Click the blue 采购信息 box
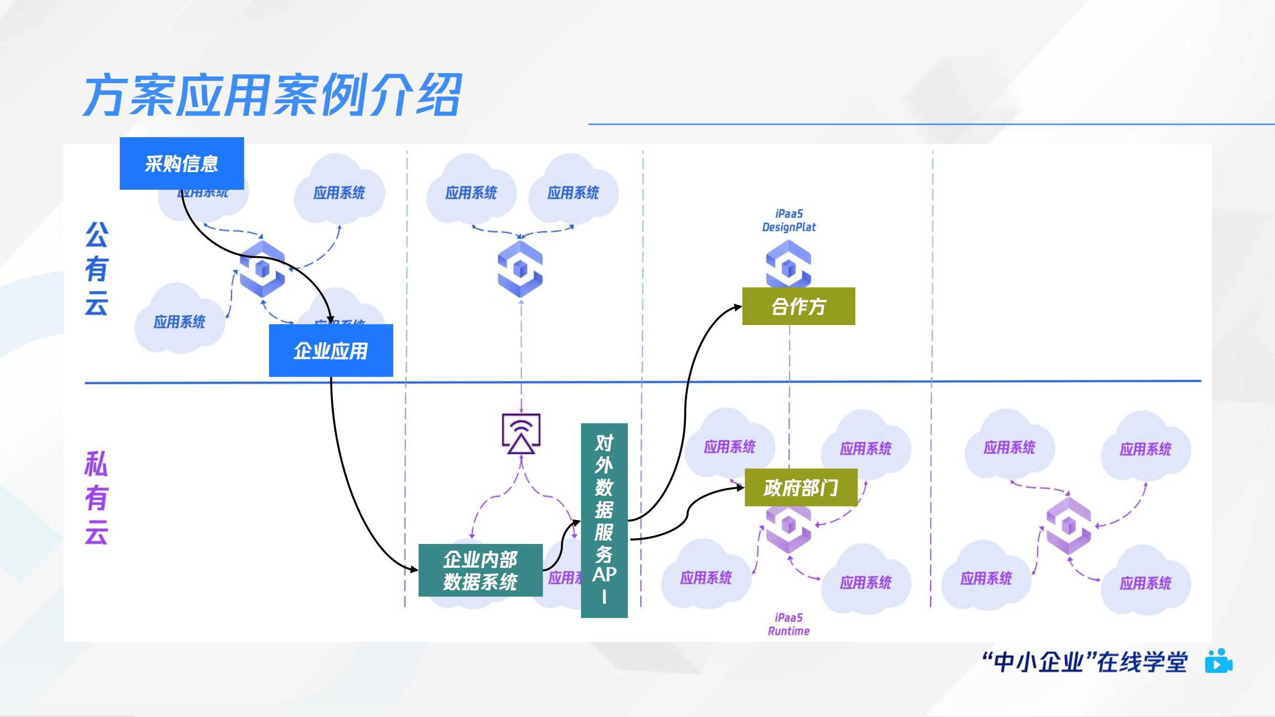pos(182,163)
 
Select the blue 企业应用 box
pos(330,350)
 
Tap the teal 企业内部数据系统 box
pos(480,570)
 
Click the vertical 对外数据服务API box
pos(604,520)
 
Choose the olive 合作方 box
pos(798,306)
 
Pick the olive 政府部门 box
pos(800,488)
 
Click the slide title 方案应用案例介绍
pos(272,95)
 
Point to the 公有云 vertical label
pos(96,269)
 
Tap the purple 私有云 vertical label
pos(96,497)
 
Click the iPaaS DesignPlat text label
pos(789,221)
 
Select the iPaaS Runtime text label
pos(789,624)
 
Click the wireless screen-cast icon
pos(521,434)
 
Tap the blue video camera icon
pos(1219,661)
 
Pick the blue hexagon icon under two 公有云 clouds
pos(520,269)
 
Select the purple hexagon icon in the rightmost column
pos(1068,525)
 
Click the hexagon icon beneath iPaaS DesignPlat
pos(788,264)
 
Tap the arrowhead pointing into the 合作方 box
pos(738,307)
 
